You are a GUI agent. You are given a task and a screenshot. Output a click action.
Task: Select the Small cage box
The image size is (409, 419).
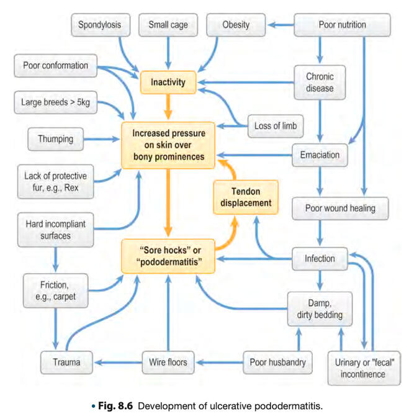tap(168, 25)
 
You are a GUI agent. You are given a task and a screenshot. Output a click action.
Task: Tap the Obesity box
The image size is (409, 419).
tap(236, 25)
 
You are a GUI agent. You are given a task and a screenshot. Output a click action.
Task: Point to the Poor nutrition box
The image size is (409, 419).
tap(342, 25)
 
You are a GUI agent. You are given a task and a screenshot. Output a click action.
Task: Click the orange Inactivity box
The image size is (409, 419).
tap(168, 81)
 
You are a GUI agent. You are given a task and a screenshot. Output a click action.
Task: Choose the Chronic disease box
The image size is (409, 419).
tap(320, 82)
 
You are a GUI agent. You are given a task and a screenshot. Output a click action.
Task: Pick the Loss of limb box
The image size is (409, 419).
tap(276, 126)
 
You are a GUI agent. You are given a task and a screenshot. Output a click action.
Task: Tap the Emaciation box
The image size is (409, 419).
tap(320, 151)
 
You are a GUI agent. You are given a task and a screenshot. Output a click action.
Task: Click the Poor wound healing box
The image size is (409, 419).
tap(341, 207)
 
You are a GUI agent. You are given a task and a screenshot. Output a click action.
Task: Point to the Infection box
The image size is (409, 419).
tap(320, 258)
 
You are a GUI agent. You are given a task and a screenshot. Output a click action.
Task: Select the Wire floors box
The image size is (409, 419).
tap(168, 361)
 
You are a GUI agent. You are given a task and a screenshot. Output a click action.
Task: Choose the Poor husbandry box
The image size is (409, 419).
tap(277, 361)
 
